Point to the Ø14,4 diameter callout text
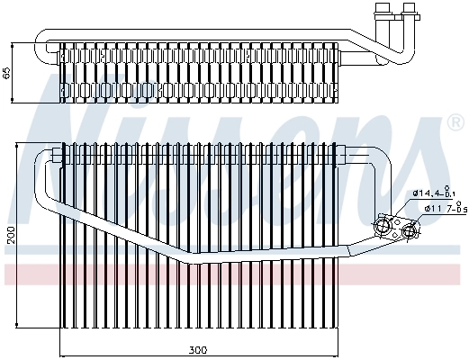tap(426, 193)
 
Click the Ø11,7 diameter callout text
tap(427, 210)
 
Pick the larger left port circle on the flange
tap(391, 225)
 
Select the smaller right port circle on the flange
tap(410, 231)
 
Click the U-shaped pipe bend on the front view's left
tap(41, 180)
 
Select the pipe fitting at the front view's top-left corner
tap(57, 156)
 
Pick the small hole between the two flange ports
tap(401, 227)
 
